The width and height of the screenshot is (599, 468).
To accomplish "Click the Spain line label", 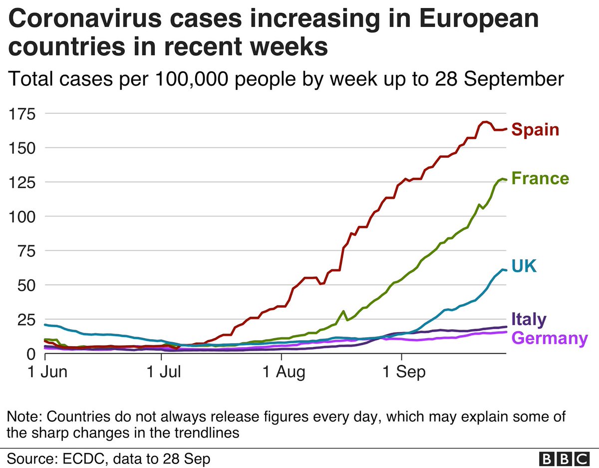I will pyautogui.click(x=535, y=130).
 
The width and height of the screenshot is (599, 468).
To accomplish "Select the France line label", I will pyautogui.click(x=540, y=178).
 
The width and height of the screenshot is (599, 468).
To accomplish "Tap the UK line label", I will pyautogui.click(x=523, y=266).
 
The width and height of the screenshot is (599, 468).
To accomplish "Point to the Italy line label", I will pyautogui.click(x=529, y=319).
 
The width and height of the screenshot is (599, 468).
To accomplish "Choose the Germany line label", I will pyautogui.click(x=550, y=338).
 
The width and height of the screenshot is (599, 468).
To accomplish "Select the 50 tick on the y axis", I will pyautogui.click(x=27, y=285).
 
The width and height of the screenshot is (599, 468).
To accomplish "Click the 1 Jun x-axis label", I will pyautogui.click(x=45, y=373).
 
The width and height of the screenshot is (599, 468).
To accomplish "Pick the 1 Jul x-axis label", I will pyautogui.click(x=161, y=373).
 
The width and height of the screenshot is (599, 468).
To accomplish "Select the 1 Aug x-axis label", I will pyautogui.click(x=282, y=373).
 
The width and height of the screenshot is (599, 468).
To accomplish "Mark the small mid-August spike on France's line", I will pyautogui.click(x=343, y=311).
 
